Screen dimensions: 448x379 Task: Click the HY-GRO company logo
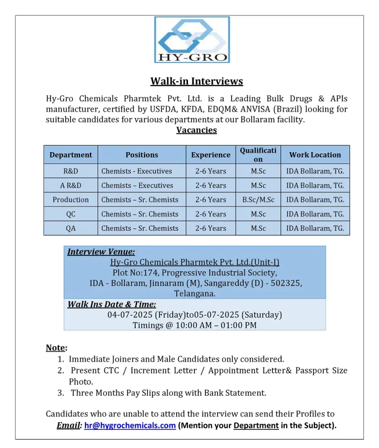pyautogui.click(x=191, y=40)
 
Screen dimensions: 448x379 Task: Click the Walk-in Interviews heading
pyautogui.click(x=196, y=81)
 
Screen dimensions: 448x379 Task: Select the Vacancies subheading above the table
pyautogui.click(x=196, y=130)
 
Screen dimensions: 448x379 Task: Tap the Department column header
pyautogui.click(x=71, y=155)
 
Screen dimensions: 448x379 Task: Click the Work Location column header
pyautogui.click(x=315, y=155)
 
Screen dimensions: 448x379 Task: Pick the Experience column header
pyautogui.click(x=211, y=155)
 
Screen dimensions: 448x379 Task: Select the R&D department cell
pyautogui.click(x=71, y=171)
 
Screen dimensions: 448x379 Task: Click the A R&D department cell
pyautogui.click(x=71, y=185)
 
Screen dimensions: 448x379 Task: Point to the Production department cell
pyautogui.click(x=71, y=200)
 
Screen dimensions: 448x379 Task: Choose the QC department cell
pyautogui.click(x=71, y=214)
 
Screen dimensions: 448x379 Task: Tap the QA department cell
pyautogui.click(x=71, y=228)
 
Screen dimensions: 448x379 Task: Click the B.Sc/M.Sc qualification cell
pyautogui.click(x=258, y=200)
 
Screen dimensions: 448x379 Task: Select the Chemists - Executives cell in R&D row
pyautogui.click(x=137, y=171)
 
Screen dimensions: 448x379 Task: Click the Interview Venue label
pyautogui.click(x=101, y=252)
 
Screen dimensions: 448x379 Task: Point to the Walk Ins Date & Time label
pyautogui.click(x=112, y=304)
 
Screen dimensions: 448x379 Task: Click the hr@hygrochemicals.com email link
pyautogui.click(x=130, y=426)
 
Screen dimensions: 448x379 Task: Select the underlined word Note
pyautogui.click(x=55, y=348)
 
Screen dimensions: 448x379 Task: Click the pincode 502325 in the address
pyautogui.click(x=287, y=284)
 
